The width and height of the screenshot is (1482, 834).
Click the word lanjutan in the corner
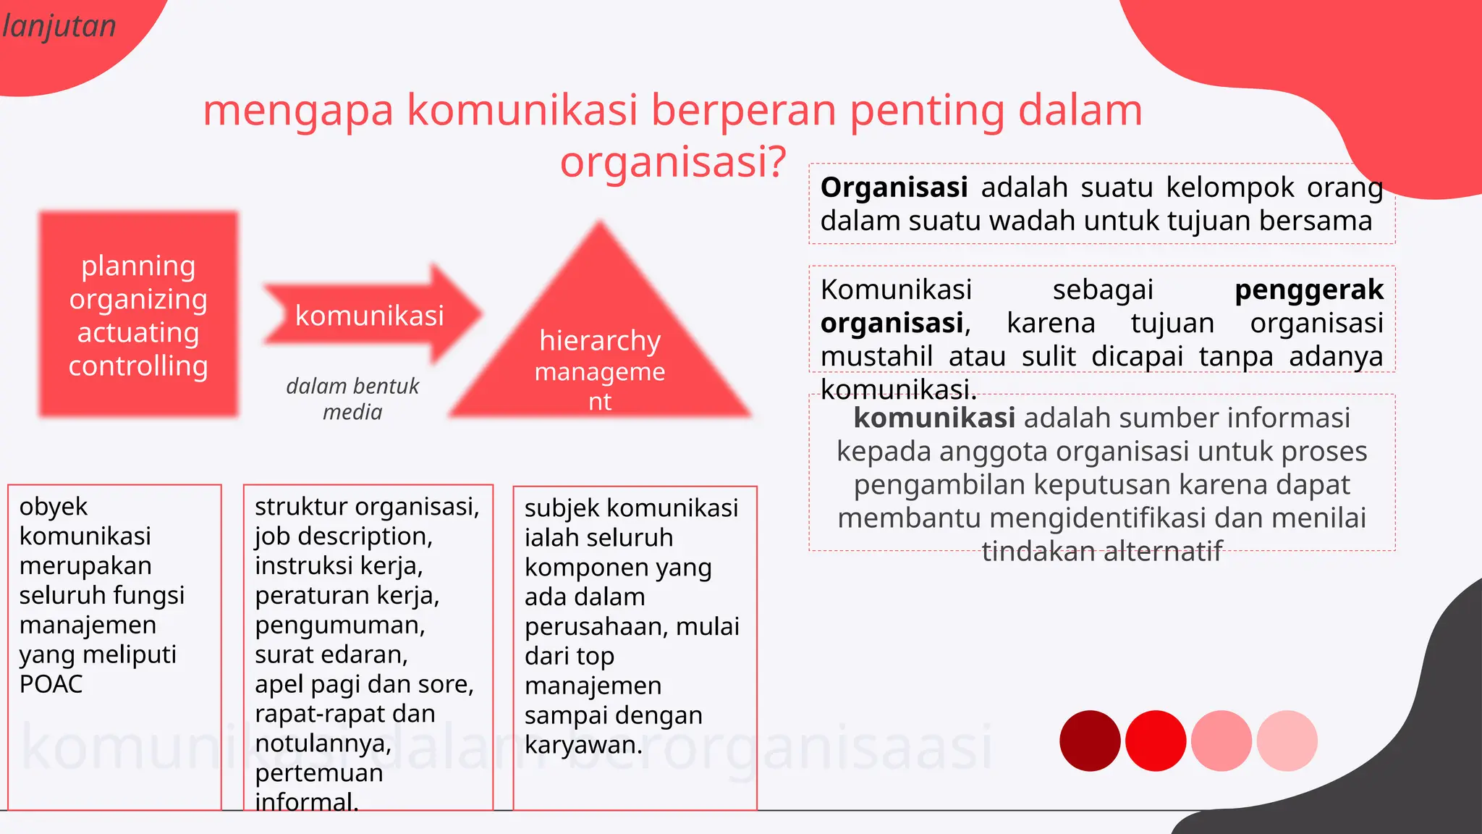59,28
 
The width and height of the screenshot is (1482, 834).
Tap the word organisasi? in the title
673,161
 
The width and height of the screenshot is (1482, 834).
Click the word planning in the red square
138,266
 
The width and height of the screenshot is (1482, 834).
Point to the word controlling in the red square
138,366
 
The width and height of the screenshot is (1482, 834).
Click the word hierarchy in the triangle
600,341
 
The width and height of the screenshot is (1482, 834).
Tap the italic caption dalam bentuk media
352,399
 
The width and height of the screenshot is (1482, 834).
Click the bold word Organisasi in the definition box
894,188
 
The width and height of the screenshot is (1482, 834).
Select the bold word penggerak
1308,290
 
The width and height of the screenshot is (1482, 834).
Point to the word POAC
51,684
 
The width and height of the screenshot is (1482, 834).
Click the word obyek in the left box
53,507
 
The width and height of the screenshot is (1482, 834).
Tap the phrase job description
343,536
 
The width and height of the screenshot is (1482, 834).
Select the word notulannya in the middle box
322,744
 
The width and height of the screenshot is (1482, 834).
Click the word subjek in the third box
562,508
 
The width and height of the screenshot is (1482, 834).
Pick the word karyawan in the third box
583,745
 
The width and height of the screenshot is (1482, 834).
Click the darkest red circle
1090,741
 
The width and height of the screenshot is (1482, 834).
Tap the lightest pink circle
1287,741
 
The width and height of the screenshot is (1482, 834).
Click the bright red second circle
1156,741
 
